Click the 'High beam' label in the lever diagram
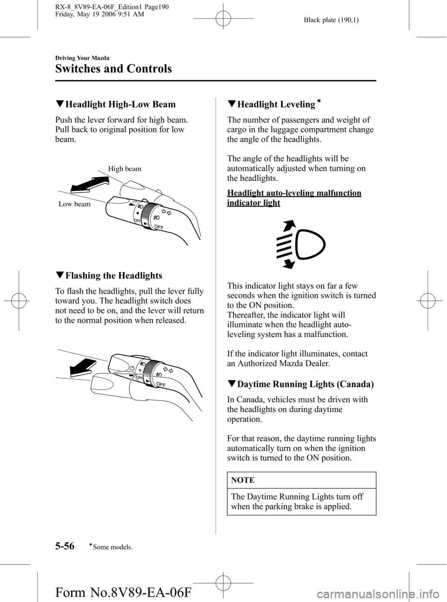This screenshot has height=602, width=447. click(x=125, y=169)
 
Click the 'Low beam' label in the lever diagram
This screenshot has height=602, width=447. click(x=74, y=204)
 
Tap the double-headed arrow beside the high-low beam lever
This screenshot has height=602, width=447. click(x=90, y=185)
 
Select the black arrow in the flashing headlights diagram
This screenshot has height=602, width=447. click(x=83, y=366)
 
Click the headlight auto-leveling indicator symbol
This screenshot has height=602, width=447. click(x=301, y=244)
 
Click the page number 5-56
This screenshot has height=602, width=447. click(x=65, y=546)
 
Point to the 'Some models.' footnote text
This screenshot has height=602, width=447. click(x=112, y=547)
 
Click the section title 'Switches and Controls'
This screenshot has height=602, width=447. click(x=114, y=68)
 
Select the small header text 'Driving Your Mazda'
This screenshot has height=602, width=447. click(x=82, y=58)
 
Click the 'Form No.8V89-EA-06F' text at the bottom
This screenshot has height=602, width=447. click(x=123, y=592)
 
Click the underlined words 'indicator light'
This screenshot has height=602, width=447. click(x=253, y=203)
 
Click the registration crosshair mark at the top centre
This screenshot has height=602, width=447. click(x=223, y=19)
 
